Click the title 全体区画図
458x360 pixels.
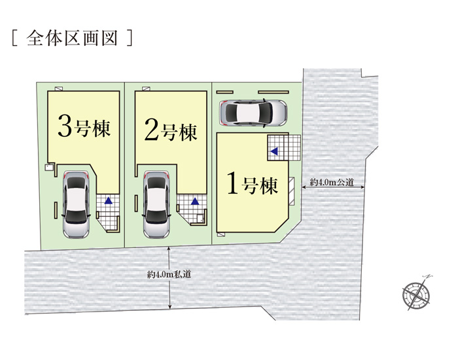(73, 37)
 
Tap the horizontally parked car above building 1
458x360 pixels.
(253, 112)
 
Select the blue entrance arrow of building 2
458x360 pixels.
(194, 202)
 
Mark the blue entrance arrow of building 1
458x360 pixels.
(275, 151)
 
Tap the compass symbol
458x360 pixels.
(416, 293)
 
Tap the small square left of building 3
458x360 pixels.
(48, 168)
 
